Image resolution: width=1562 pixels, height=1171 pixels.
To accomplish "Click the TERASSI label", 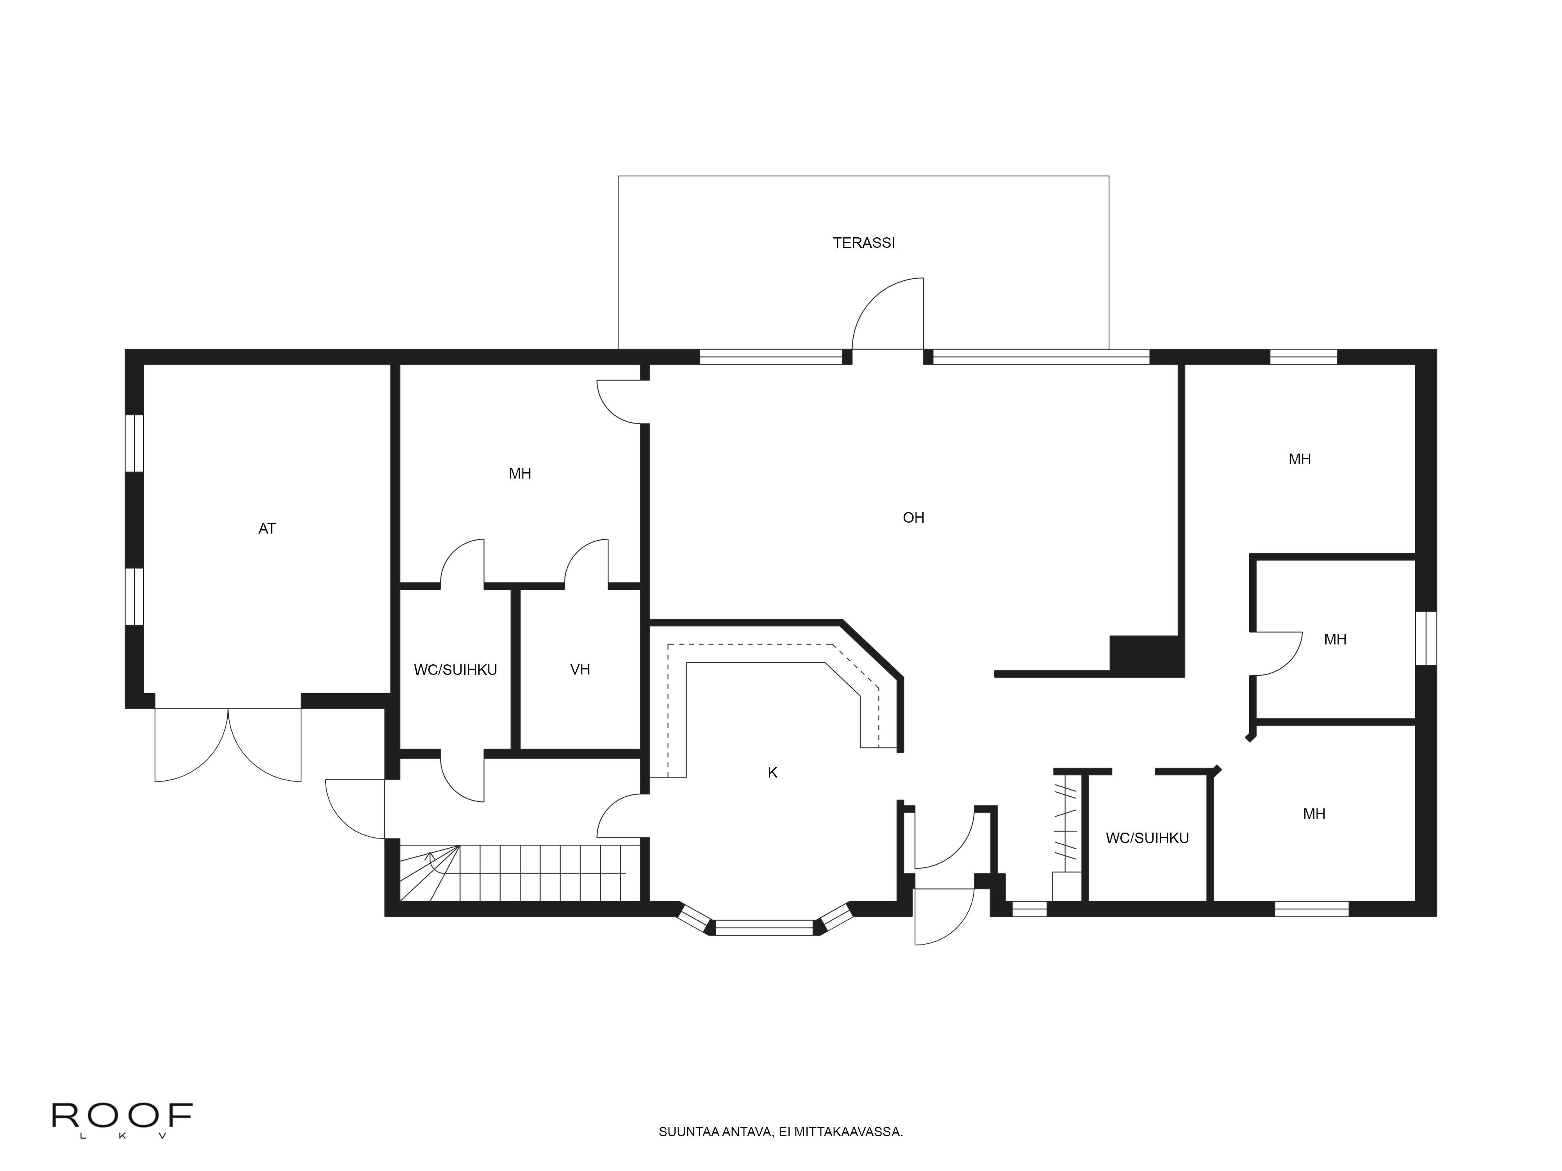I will coord(864,243).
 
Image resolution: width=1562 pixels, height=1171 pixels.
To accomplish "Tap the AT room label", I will coord(267,529).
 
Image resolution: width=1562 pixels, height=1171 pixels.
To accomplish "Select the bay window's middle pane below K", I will coord(764,927).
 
